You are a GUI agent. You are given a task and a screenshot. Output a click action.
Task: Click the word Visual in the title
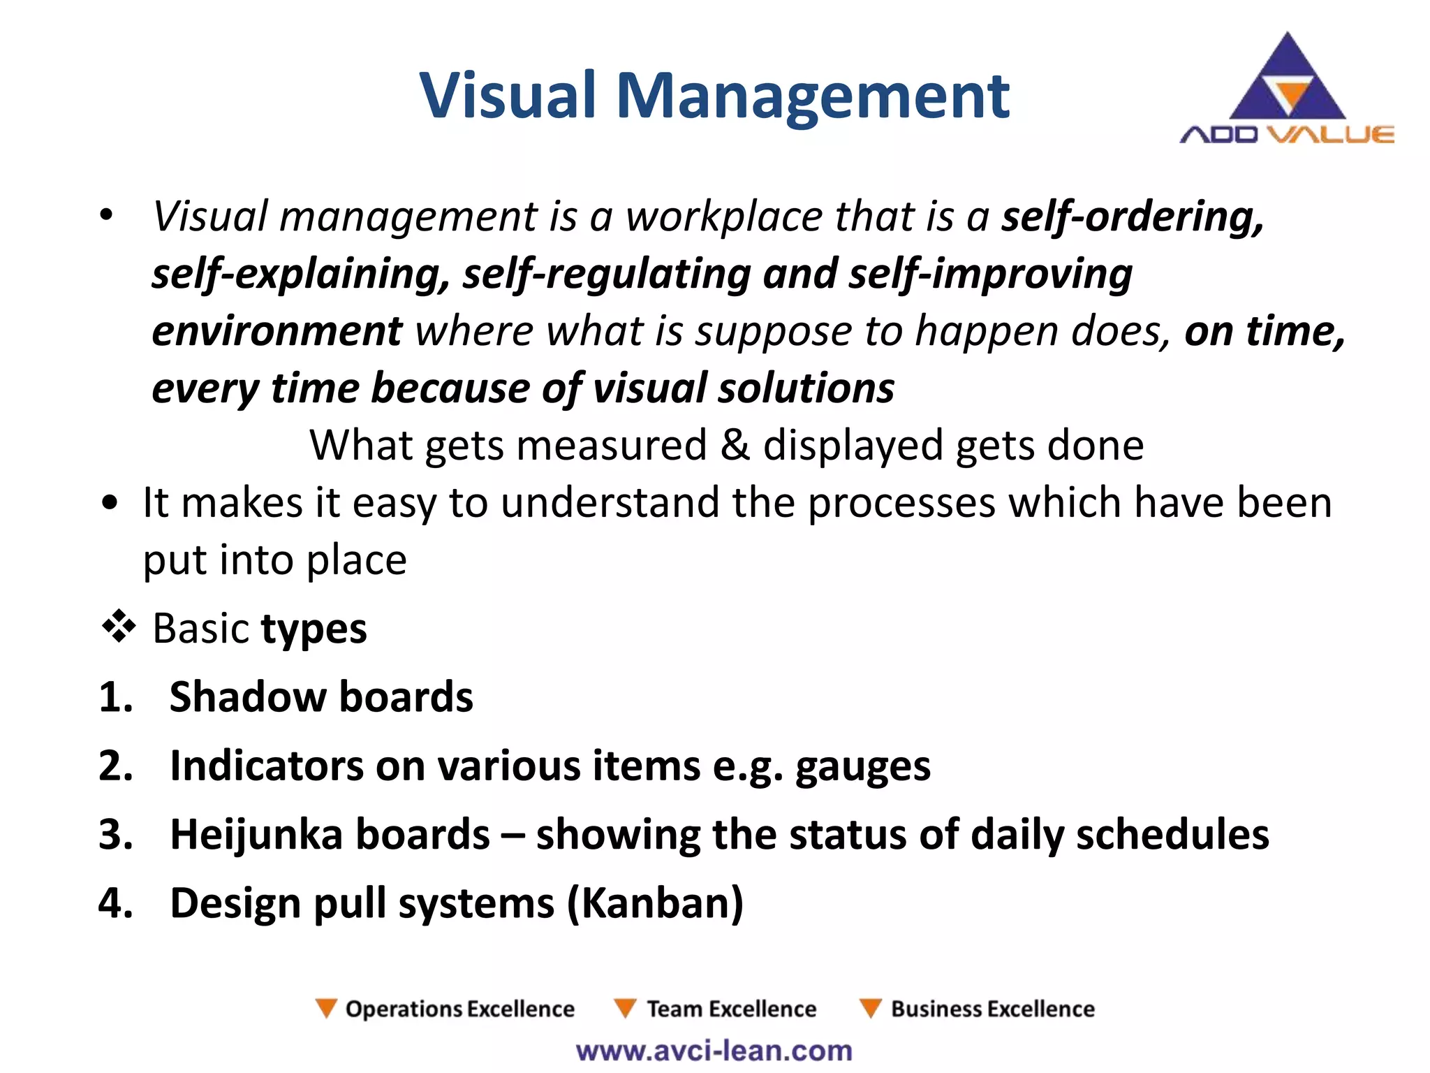point(508,96)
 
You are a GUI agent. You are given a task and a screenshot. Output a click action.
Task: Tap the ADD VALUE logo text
point(1286,134)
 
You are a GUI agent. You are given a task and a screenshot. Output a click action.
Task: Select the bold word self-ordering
point(1132,217)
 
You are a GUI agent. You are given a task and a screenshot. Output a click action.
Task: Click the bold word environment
point(277,331)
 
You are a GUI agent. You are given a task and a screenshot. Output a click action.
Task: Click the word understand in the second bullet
point(610,503)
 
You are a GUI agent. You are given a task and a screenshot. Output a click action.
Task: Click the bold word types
point(314,629)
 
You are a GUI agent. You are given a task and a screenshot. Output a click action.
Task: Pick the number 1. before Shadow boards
point(116,697)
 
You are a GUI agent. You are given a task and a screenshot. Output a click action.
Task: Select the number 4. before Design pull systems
point(116,903)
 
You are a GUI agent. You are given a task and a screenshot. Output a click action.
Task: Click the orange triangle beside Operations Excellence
point(325,1008)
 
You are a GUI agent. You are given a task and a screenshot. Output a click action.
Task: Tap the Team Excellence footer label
point(730,1009)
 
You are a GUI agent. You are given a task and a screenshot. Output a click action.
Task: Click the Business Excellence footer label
point(992,1009)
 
